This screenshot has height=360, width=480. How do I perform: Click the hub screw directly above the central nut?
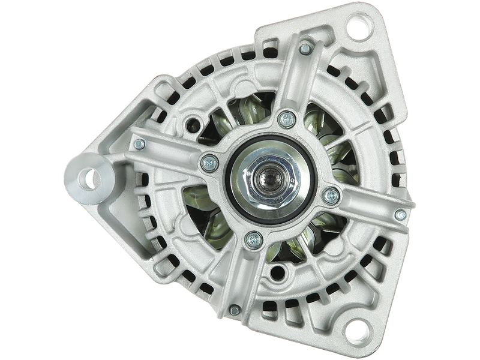(286, 118)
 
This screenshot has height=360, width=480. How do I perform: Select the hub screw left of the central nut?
(209, 161)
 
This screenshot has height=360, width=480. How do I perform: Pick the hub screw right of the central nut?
(330, 195)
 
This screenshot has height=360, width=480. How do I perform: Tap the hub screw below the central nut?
(254, 239)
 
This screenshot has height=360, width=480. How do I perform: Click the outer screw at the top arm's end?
(305, 47)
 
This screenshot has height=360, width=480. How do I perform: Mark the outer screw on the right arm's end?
(400, 214)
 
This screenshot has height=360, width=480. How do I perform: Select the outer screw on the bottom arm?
(235, 310)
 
